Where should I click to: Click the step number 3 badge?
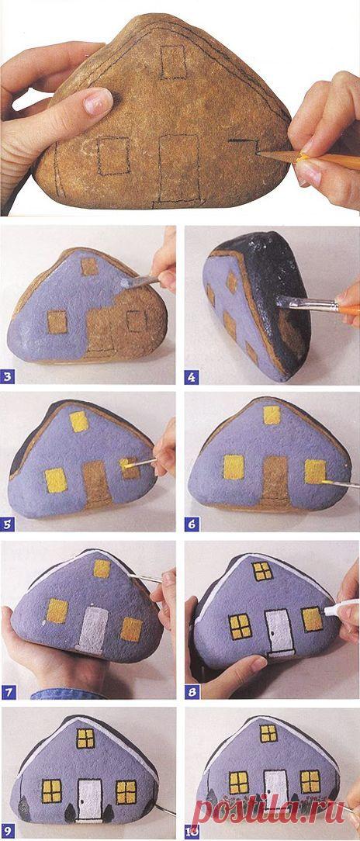(9, 376)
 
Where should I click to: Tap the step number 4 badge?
(192, 376)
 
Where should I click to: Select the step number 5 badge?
(8, 524)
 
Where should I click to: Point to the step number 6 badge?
(192, 524)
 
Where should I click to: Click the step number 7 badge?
(8, 692)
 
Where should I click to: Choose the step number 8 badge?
(192, 692)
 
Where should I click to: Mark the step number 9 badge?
(8, 833)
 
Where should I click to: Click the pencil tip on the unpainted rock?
(260, 154)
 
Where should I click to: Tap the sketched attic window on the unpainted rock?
(173, 62)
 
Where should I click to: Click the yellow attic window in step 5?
(79, 421)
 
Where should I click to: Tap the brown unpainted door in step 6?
(275, 480)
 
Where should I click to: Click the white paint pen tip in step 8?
(328, 610)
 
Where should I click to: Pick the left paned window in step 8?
(241, 626)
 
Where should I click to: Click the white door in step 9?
(89, 798)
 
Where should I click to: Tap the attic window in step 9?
(85, 738)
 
